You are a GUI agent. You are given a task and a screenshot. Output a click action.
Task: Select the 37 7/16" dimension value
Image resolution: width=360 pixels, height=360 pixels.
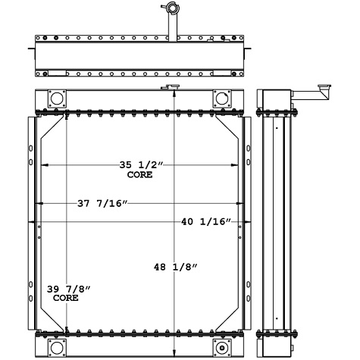pyautogui.click(x=102, y=202)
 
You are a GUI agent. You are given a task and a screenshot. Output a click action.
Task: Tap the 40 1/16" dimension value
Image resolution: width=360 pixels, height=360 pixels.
pyautogui.click(x=206, y=221)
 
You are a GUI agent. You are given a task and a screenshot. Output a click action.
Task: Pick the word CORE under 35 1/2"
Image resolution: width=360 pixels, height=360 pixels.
pyautogui.click(x=140, y=174)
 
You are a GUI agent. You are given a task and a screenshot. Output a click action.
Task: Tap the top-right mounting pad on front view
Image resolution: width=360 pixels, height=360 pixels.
pyautogui.click(x=221, y=99)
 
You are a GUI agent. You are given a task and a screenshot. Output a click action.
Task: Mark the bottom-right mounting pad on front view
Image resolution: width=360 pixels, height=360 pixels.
pyautogui.click(x=221, y=346)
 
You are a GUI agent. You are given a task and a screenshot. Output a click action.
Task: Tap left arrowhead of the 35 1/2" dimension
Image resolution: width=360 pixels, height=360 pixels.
pyautogui.click(x=42, y=164)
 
